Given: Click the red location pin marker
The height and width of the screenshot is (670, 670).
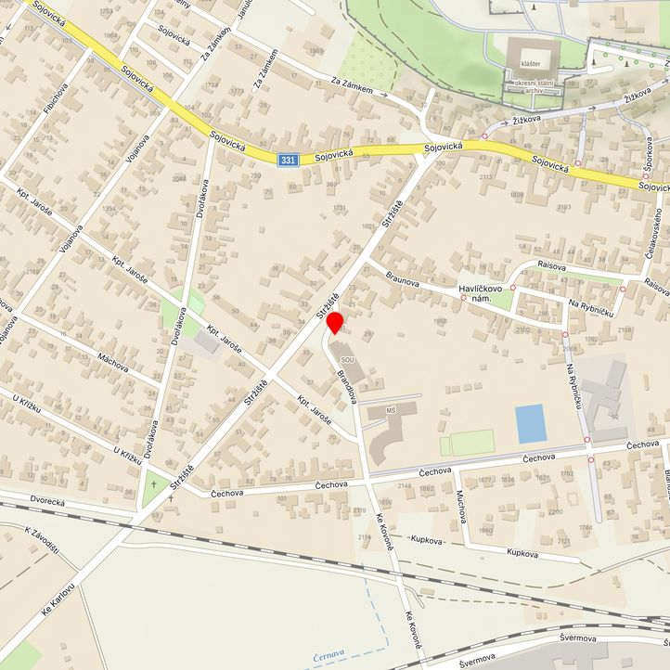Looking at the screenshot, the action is tap(336, 324).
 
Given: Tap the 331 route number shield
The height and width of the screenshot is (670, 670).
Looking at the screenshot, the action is tap(288, 161).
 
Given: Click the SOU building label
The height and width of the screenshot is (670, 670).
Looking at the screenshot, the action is tap(347, 359).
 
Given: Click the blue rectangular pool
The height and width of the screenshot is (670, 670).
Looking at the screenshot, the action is tap(530, 424).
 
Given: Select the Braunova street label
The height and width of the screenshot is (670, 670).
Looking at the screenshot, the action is tap(407, 281).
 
